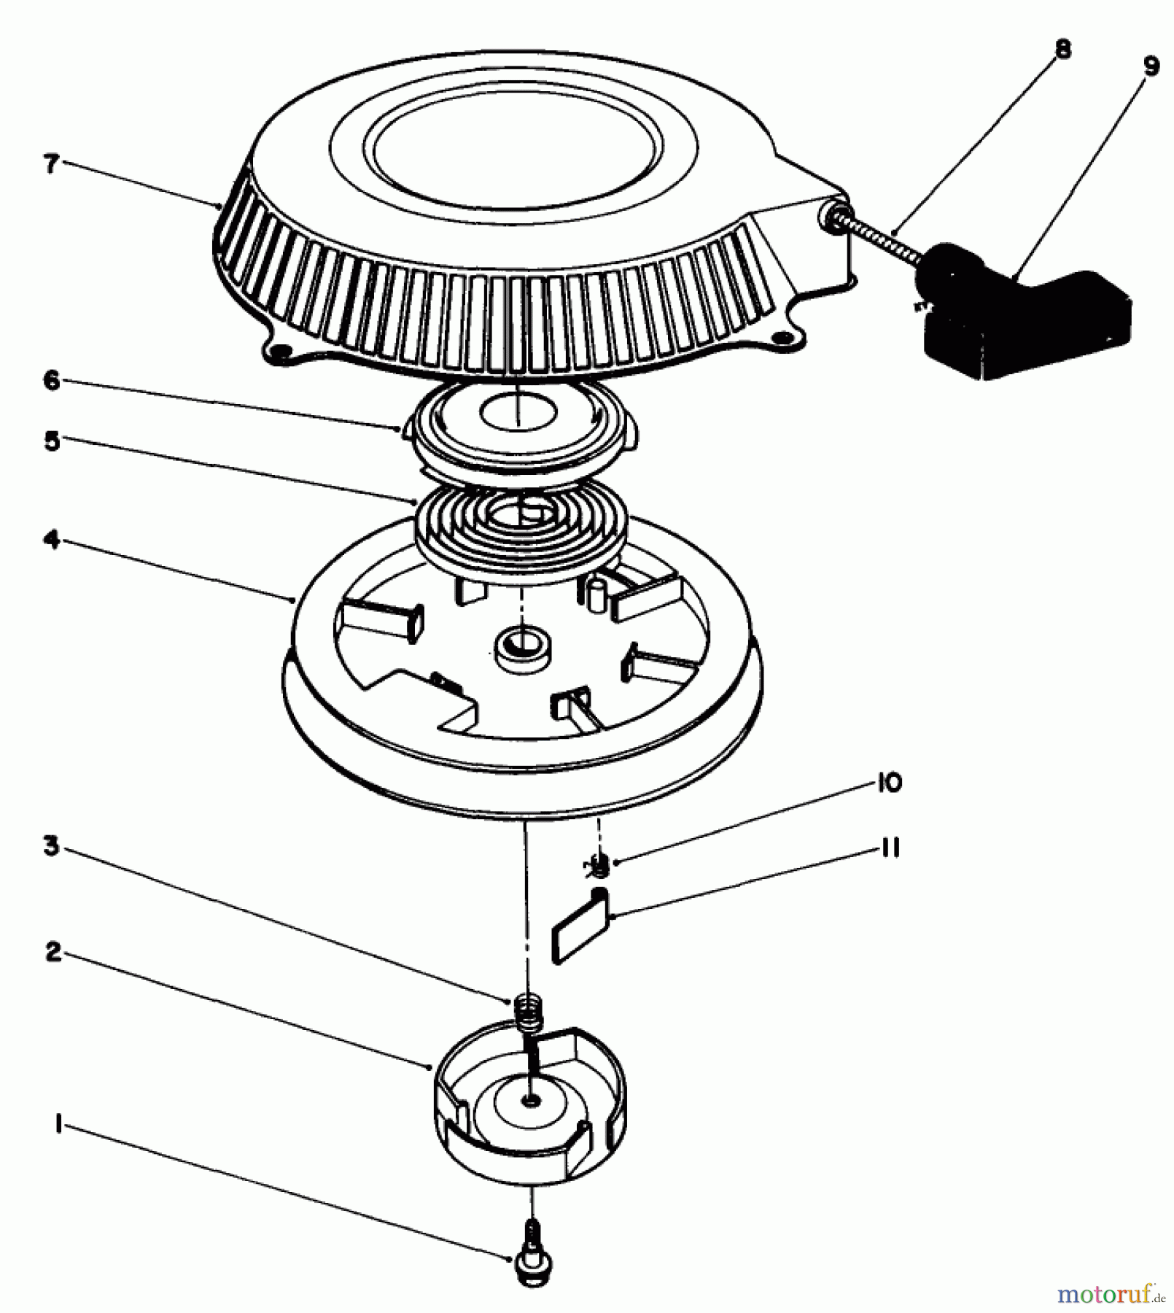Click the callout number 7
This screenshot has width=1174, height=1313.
(50, 163)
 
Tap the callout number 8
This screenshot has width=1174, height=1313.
(1062, 50)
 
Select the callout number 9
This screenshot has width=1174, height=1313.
(1150, 66)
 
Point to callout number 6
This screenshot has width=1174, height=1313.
(51, 380)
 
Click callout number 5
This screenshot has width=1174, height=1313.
(51, 441)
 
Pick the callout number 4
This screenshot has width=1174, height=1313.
(51, 541)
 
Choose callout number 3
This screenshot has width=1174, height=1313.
(51, 847)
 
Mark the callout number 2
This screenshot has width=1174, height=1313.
(53, 951)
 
